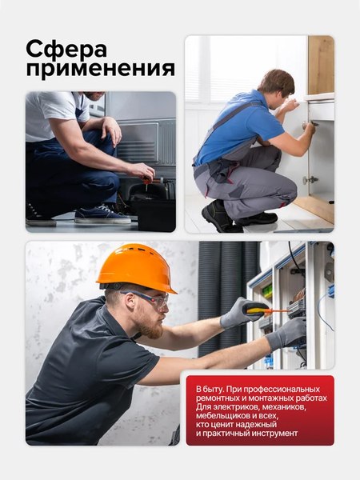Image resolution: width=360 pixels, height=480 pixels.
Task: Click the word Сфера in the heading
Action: pyautogui.click(x=66, y=48)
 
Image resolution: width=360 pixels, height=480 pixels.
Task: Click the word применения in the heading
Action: pyautogui.click(x=100, y=69)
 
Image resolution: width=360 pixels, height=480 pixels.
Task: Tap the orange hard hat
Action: pyautogui.click(x=135, y=267)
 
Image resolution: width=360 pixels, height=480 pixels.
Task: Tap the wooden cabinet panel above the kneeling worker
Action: pyautogui.click(x=321, y=64)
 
